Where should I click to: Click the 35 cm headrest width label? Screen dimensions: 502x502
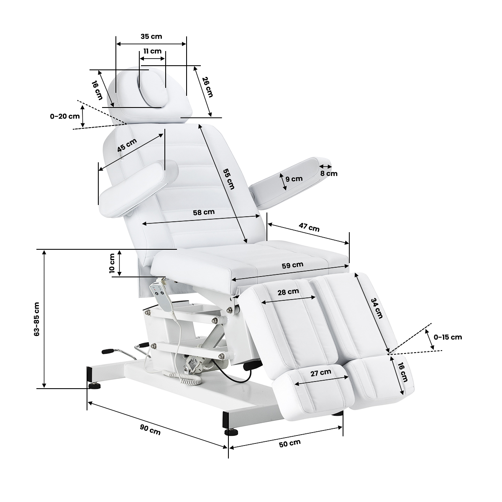point(151,36)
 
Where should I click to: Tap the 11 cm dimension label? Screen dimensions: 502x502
point(152,51)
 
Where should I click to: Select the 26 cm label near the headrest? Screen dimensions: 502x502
point(207,87)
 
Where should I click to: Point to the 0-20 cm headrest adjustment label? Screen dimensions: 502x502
point(65,116)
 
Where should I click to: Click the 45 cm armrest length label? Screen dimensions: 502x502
point(127,145)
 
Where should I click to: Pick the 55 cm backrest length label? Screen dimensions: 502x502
point(229,179)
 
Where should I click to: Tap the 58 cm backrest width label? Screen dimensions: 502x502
point(204,213)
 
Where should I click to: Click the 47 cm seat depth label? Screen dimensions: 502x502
point(309,227)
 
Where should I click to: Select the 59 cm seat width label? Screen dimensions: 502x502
point(292,265)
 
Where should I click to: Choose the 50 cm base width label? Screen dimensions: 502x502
point(289,443)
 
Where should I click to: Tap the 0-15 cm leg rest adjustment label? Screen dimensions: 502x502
point(448,337)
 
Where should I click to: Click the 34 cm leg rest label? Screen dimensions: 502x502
point(376,308)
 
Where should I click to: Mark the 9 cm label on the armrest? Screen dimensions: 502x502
point(294,179)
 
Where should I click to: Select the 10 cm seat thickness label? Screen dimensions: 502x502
point(112,263)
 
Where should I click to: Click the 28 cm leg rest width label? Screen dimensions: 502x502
point(288,292)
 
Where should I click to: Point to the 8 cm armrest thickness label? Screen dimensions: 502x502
point(329,174)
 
